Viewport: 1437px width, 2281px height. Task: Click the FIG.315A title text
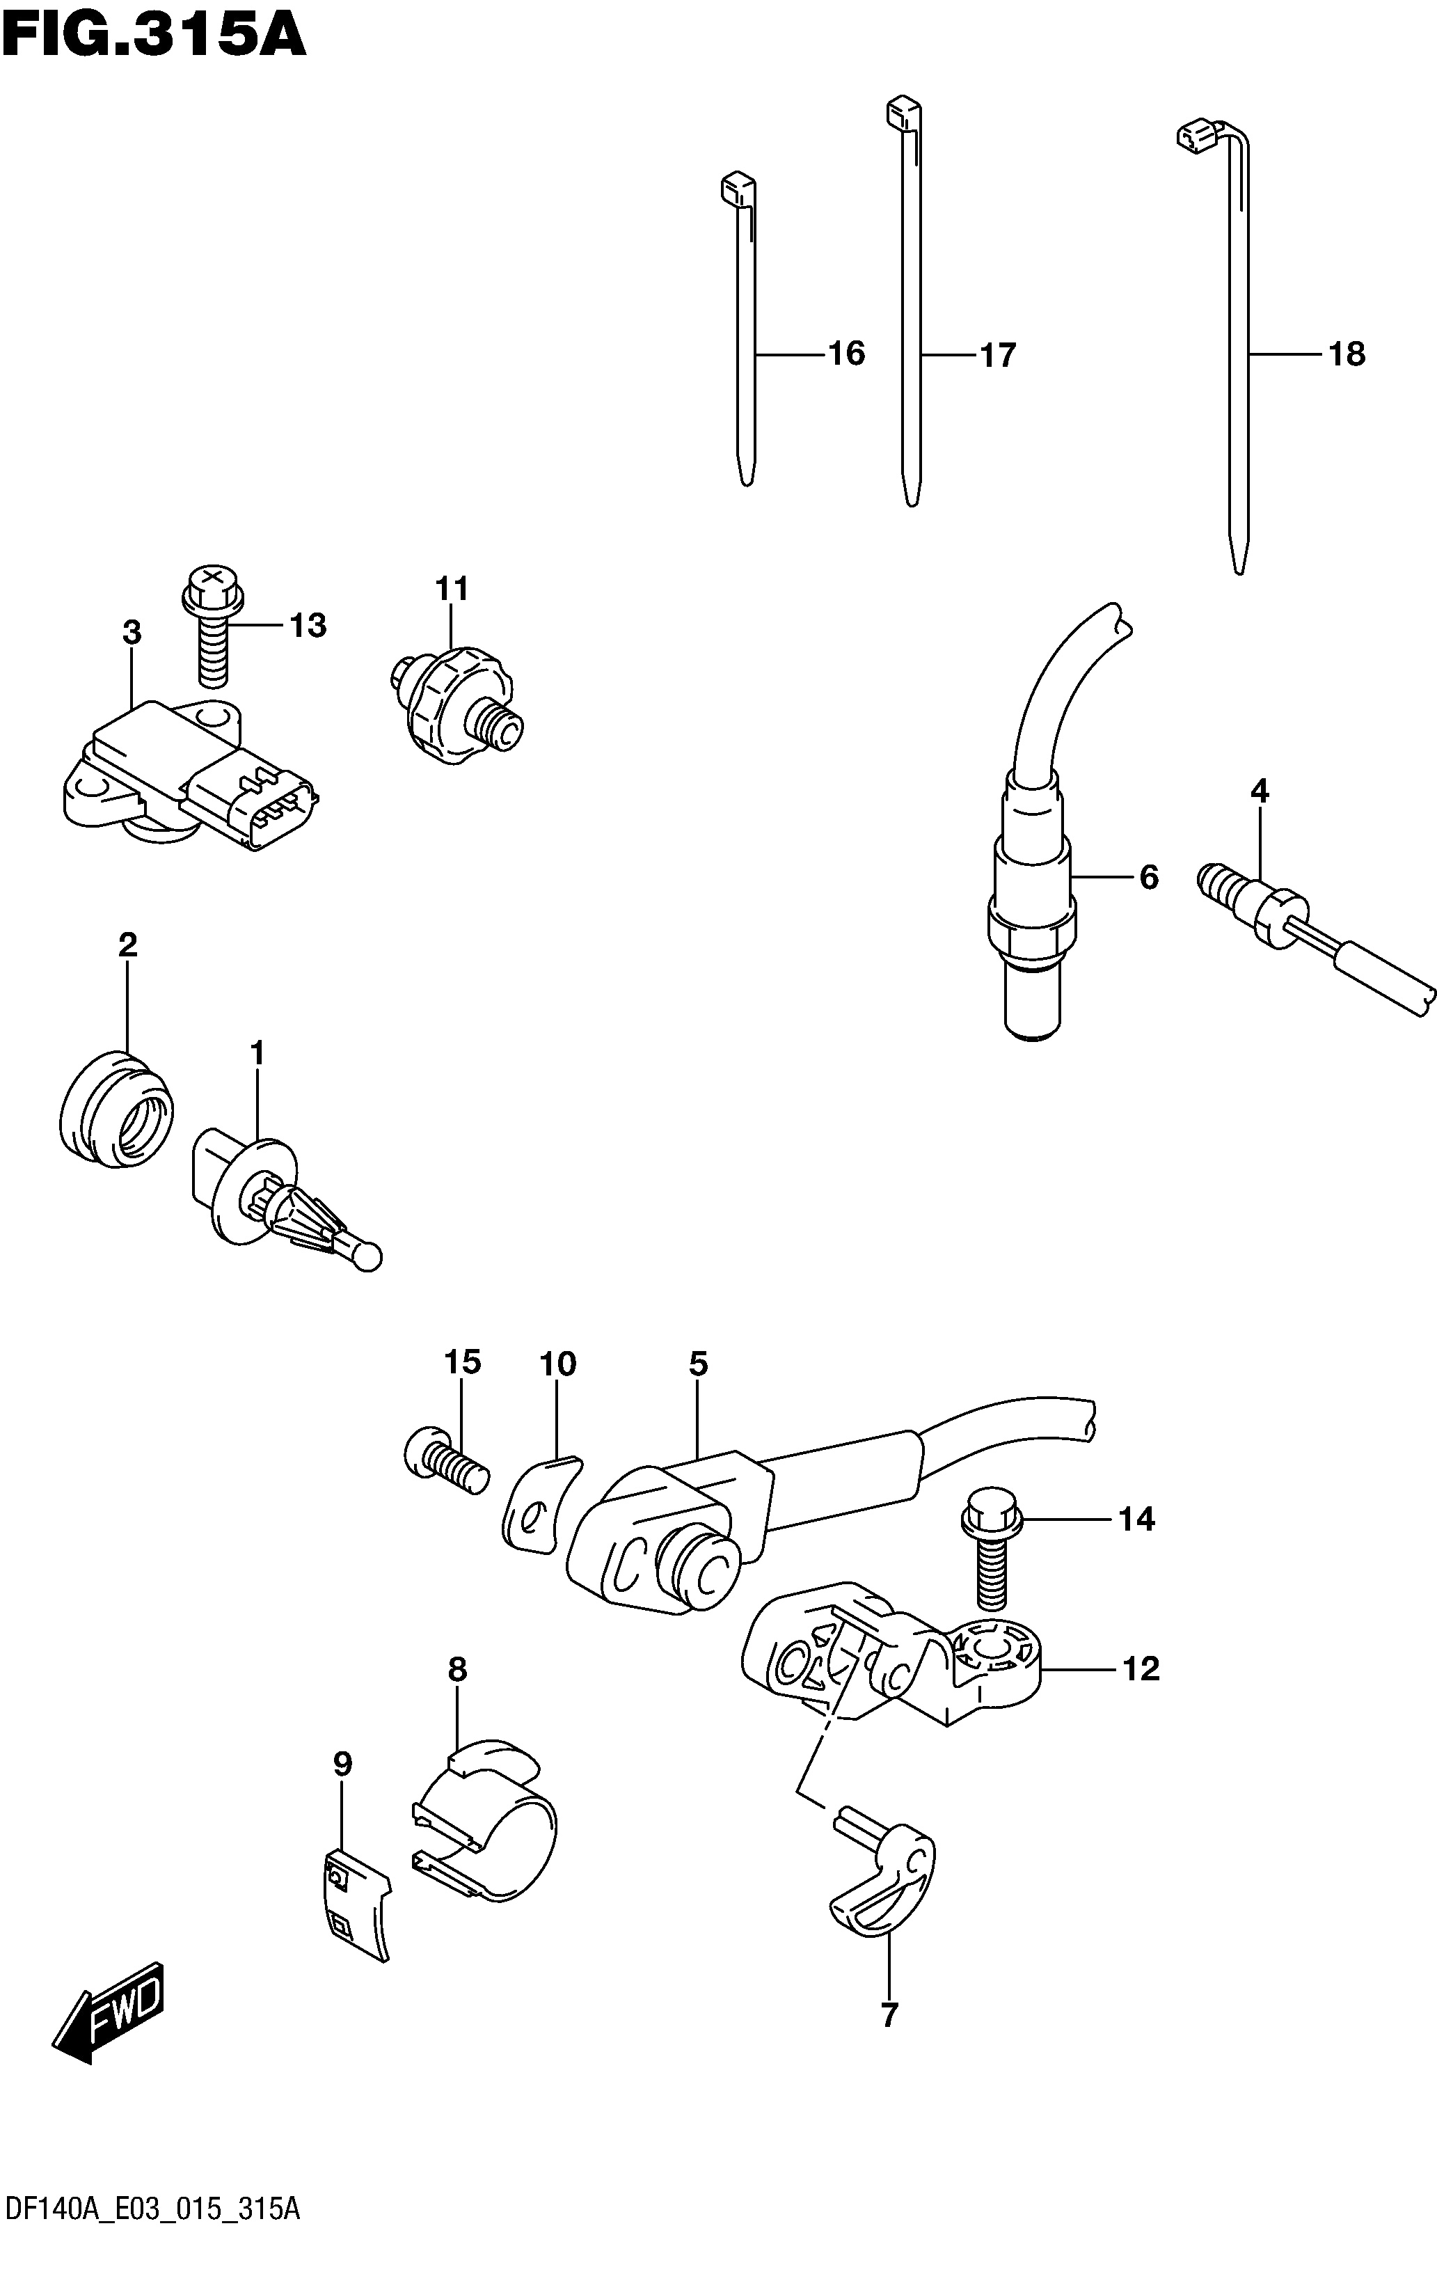pyautogui.click(x=154, y=36)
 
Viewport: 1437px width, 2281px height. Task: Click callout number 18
pyautogui.click(x=1346, y=354)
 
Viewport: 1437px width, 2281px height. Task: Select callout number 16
pyautogui.click(x=846, y=354)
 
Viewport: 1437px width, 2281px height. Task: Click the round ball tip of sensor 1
pyautogui.click(x=367, y=1256)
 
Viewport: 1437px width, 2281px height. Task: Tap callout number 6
pyautogui.click(x=1149, y=877)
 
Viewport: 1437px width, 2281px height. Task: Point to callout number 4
pyautogui.click(x=1259, y=791)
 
